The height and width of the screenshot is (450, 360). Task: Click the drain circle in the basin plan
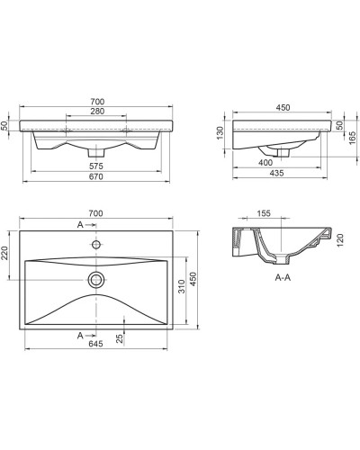point(95,279)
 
